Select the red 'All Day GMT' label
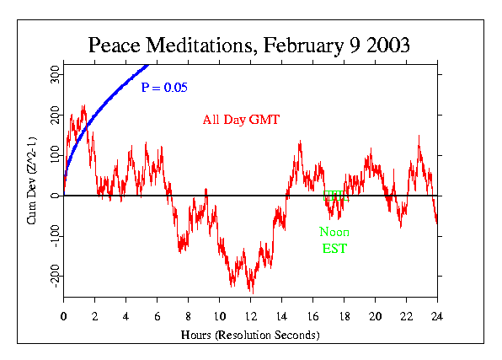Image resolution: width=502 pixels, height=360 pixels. (x=241, y=120)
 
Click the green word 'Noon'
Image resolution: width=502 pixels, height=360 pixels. (x=334, y=232)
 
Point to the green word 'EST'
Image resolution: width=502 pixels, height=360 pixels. (x=334, y=249)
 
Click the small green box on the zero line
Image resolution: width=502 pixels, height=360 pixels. (x=334, y=196)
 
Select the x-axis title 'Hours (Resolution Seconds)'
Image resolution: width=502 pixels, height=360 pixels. (x=250, y=335)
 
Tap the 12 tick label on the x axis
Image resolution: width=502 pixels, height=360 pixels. (x=250, y=318)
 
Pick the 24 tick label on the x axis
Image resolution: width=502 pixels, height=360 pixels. (x=437, y=318)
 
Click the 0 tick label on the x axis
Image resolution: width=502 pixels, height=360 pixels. (x=64, y=318)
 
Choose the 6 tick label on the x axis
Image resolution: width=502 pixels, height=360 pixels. (x=158, y=318)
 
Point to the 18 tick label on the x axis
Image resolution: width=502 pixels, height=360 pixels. (x=344, y=318)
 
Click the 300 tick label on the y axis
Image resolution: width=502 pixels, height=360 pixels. (x=52, y=75)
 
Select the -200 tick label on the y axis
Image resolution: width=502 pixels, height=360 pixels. (x=52, y=277)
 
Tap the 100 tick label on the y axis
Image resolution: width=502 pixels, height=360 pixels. (x=52, y=156)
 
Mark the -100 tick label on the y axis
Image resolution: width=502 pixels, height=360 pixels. (x=52, y=236)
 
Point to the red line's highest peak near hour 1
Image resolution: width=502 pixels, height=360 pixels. (x=83, y=106)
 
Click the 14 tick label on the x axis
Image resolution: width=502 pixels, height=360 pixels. (x=281, y=318)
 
